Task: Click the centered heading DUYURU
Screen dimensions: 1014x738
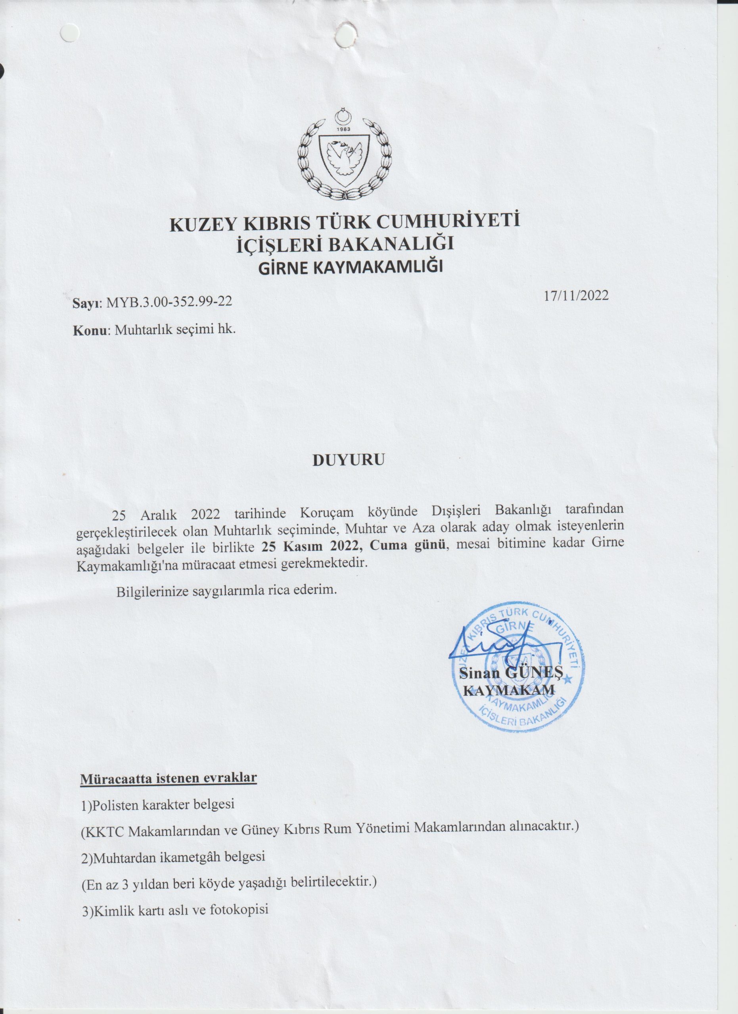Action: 348,460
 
